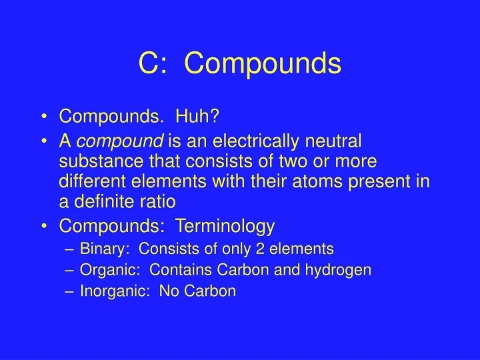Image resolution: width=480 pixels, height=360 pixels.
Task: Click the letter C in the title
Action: (147, 63)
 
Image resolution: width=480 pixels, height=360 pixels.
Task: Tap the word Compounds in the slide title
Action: (262, 65)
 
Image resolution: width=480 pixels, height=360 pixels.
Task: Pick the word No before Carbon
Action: (167, 291)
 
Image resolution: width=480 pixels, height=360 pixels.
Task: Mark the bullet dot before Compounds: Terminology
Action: (43, 227)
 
